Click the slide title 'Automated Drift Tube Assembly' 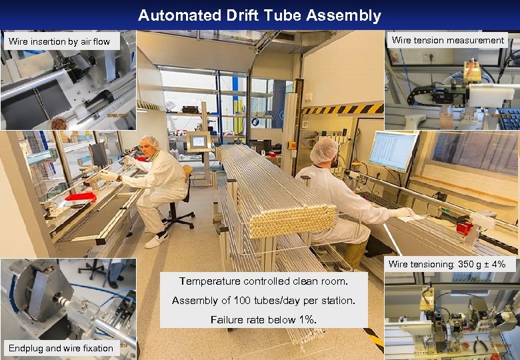(x=259, y=15)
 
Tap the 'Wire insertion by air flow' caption (x=59, y=41)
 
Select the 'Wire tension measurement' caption (x=447, y=41)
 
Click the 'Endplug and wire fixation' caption (x=61, y=348)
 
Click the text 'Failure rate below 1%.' (x=263, y=319)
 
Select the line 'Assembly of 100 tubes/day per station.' (x=263, y=301)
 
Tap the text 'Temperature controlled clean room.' (x=263, y=281)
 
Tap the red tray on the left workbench (x=81, y=196)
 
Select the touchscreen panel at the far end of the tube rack (x=199, y=141)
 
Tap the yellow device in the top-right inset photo (x=472, y=72)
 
